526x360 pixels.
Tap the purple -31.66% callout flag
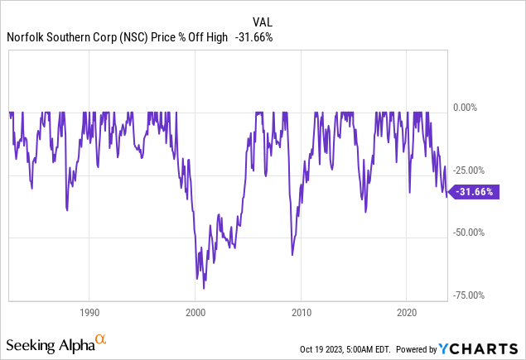(x=476, y=191)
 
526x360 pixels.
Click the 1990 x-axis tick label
(x=89, y=313)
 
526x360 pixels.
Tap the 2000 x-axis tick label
(x=195, y=313)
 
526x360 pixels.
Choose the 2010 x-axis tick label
(x=302, y=313)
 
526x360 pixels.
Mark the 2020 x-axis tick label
(x=407, y=313)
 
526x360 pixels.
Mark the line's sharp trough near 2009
(x=292, y=254)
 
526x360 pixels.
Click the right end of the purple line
(x=447, y=196)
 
